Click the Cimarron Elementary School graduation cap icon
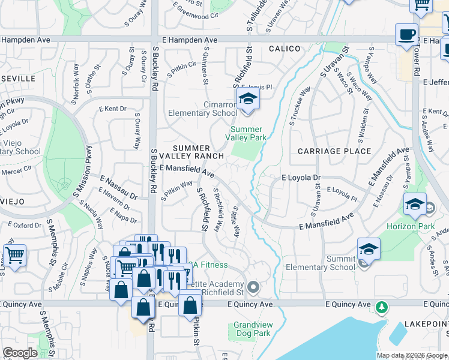[247, 100]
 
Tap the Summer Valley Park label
[246, 133]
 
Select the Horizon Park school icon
[415, 205]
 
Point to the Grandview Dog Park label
[253, 329]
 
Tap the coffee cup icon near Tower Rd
[406, 34]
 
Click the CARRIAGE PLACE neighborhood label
[334, 151]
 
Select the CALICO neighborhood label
[284, 48]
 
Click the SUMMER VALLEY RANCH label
[192, 152]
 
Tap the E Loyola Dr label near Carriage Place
[301, 178]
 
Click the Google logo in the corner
[20, 353]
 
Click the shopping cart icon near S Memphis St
[14, 256]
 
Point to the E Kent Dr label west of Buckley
[113, 109]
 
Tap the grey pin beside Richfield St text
[253, 288]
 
